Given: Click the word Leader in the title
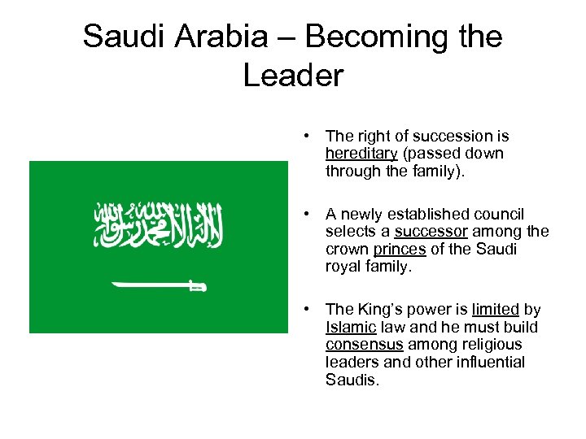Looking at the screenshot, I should (x=293, y=76).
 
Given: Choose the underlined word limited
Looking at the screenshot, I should (x=495, y=310).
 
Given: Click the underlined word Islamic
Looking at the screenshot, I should (x=350, y=327).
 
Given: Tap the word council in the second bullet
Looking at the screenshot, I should (x=501, y=214).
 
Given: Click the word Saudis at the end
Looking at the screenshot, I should (x=352, y=379).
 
